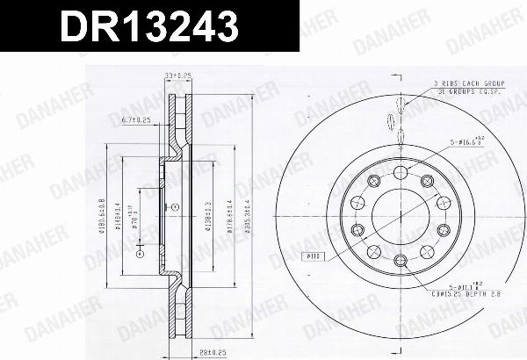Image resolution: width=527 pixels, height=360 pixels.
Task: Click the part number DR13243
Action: coord(148,28)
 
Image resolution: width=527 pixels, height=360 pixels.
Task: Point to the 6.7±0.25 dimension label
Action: coord(135,117)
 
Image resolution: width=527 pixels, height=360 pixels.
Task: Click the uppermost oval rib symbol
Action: coord(400,104)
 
